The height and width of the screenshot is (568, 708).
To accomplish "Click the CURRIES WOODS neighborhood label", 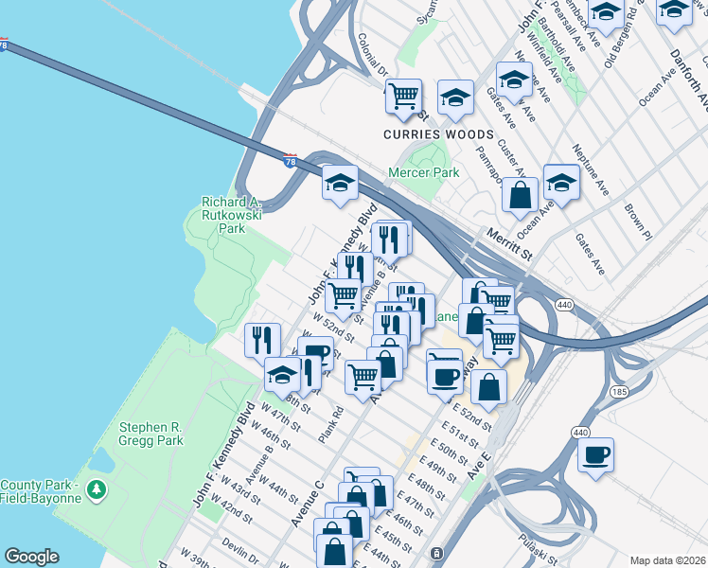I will [x=438, y=135].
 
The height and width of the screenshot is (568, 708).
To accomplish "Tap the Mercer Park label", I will [x=423, y=172].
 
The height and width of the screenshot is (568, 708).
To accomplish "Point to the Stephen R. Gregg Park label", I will [x=150, y=434].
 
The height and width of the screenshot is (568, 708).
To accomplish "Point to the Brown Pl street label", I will [x=637, y=219].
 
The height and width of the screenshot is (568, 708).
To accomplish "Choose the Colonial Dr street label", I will [x=374, y=56].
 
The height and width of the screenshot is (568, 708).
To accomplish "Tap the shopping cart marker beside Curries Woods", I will [x=403, y=96].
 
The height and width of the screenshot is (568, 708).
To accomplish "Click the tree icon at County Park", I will [x=95, y=489].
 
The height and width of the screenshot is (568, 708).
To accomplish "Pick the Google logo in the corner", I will [x=31, y=557].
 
